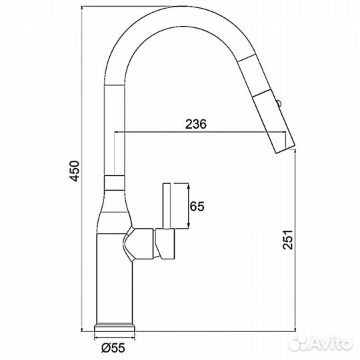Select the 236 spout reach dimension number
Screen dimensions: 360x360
click(195, 125)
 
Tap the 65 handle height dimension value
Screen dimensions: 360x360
click(196, 207)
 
